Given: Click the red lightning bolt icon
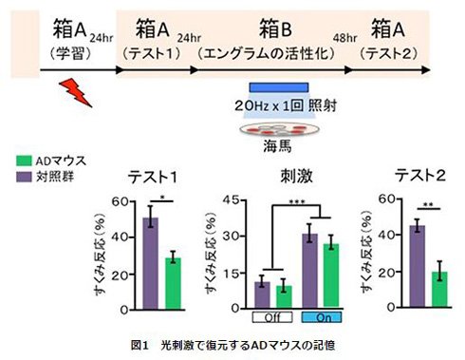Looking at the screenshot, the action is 76,92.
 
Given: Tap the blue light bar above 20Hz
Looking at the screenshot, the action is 279,87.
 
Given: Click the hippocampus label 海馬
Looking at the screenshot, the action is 277,146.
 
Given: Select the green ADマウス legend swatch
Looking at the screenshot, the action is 24,161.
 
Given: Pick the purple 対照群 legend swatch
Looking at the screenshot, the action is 24,177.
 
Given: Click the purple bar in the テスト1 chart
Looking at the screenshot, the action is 151,263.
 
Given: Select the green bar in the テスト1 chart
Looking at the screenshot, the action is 173,284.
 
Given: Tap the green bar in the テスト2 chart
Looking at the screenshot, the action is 439,290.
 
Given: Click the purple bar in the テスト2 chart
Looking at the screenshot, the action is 418,266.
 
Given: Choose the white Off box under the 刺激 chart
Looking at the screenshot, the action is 272,317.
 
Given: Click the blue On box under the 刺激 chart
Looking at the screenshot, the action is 322,317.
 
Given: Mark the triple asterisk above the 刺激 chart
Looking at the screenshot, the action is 296,201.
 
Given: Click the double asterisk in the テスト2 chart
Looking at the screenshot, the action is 428,205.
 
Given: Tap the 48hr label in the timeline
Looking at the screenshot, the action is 344,38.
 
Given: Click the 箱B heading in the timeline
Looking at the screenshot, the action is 275,28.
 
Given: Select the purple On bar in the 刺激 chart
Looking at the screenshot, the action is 309,271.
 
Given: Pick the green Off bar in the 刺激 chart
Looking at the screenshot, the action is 284,296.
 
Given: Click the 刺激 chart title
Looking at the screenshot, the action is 296,176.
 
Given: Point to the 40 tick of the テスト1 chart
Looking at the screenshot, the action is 120,237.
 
